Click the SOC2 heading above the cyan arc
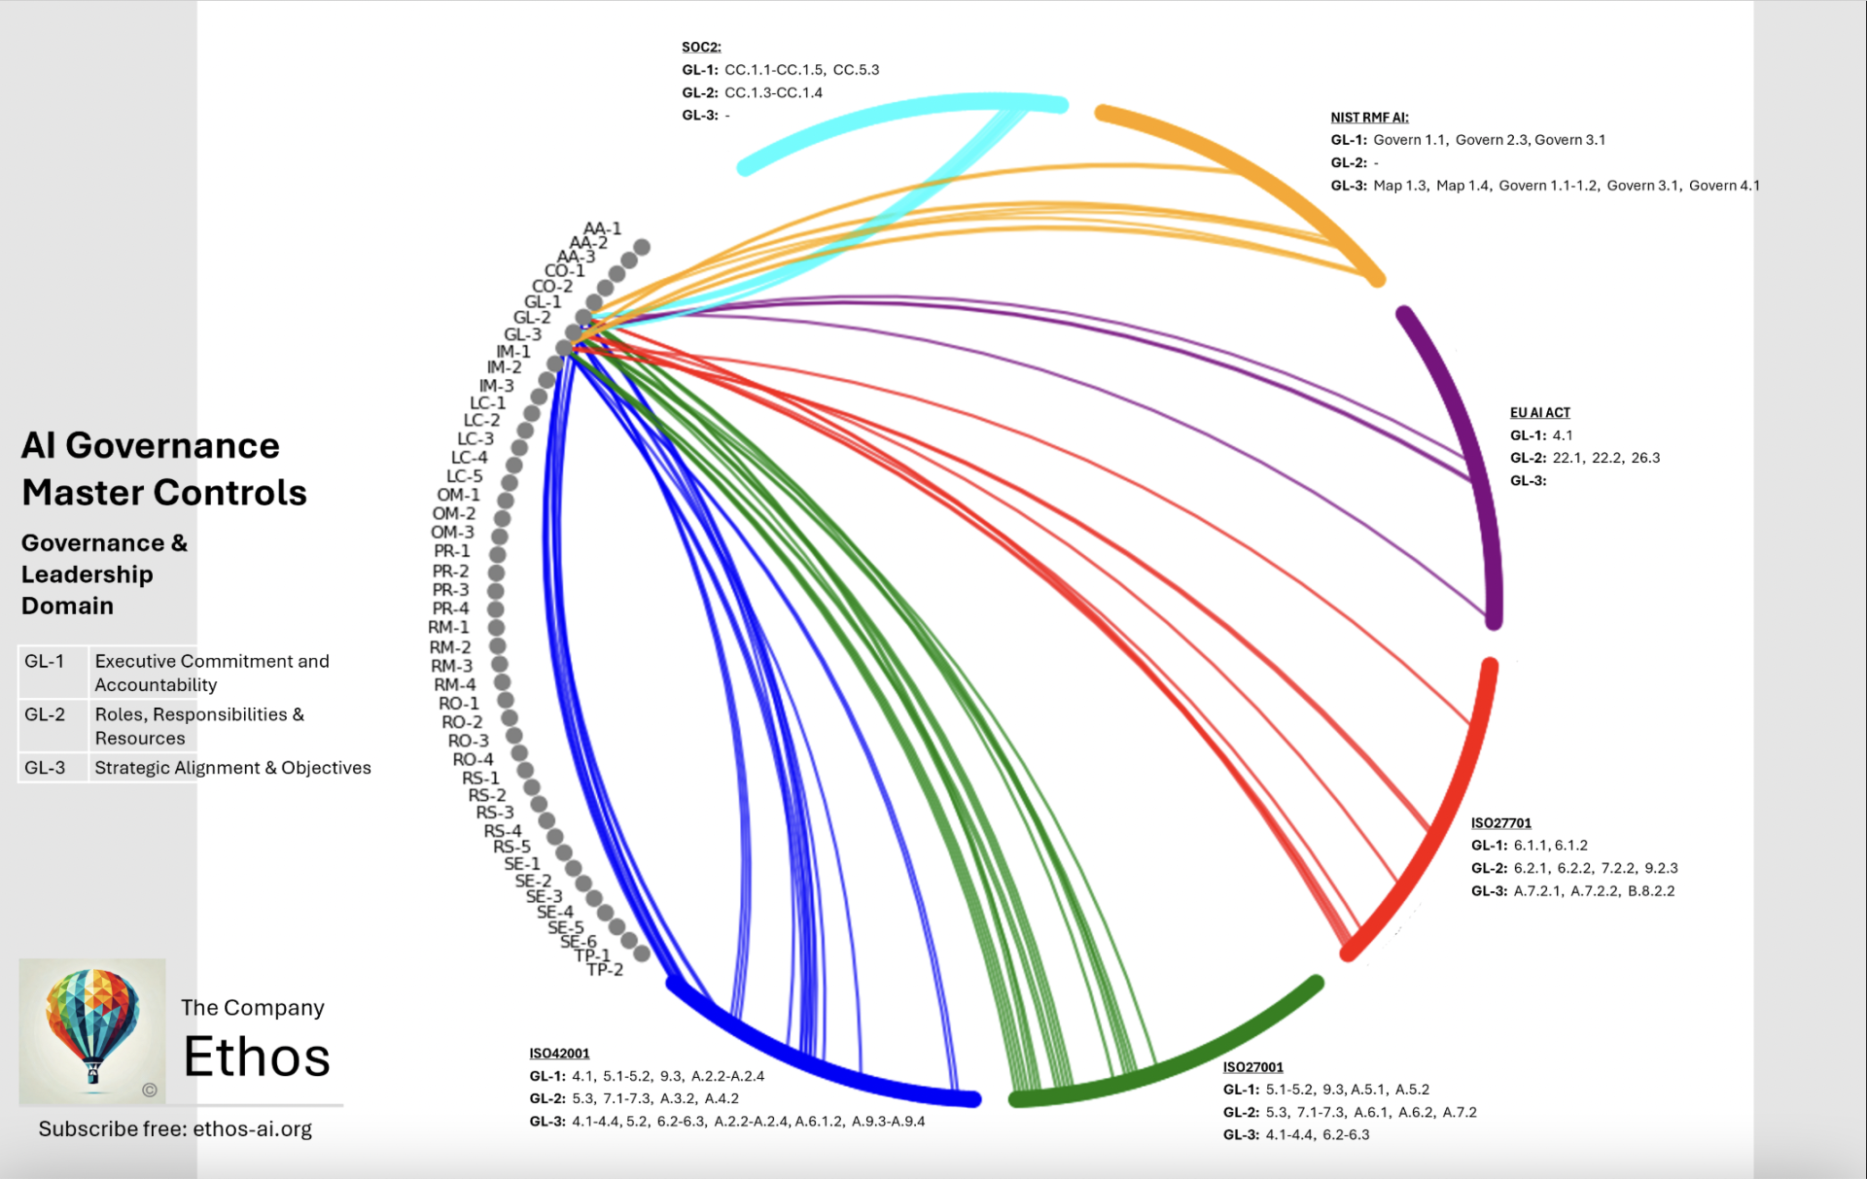tap(700, 47)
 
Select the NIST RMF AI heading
tap(1369, 117)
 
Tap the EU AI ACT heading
tap(1539, 412)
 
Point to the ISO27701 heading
tap(1500, 822)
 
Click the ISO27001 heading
tap(1252, 1066)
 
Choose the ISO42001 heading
tap(559, 1053)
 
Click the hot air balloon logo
tap(92, 1030)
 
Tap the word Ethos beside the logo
tap(257, 1057)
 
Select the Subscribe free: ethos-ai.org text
tap(175, 1128)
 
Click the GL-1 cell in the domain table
tap(45, 661)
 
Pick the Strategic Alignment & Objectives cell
tap(232, 767)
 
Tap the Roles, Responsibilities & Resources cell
tap(199, 725)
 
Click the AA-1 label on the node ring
tap(602, 228)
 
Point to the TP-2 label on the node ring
tap(605, 969)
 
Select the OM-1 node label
tap(458, 494)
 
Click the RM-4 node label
tap(454, 684)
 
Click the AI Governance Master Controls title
tap(163, 468)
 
